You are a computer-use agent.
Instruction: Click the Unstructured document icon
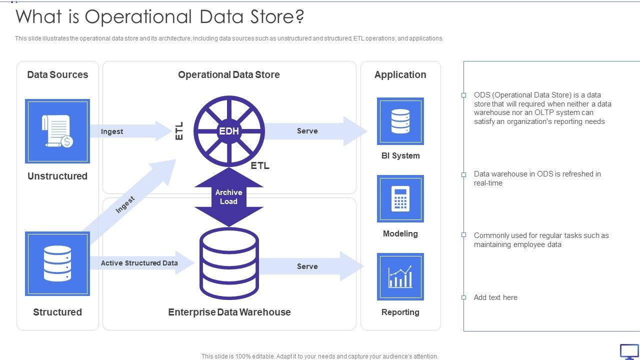click(57, 131)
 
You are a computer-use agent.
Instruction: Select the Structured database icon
click(57, 263)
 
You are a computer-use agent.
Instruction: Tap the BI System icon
click(400, 121)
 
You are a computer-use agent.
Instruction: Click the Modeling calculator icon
click(400, 198)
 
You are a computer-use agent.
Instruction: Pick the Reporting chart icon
click(400, 276)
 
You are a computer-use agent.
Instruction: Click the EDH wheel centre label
click(228, 131)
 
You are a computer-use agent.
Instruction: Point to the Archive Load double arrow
click(228, 197)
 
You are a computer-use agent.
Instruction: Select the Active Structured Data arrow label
click(139, 263)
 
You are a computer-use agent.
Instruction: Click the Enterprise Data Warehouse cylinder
click(229, 263)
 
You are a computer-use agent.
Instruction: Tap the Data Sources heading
click(57, 74)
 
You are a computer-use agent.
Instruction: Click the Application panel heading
click(400, 74)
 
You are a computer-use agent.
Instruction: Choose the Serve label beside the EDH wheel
click(307, 131)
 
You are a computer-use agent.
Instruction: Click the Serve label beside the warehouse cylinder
click(307, 266)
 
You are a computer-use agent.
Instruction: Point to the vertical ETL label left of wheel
click(179, 131)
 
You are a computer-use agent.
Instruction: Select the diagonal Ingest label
click(125, 204)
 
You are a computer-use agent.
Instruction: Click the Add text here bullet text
click(495, 297)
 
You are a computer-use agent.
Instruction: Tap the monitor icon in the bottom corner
click(629, 351)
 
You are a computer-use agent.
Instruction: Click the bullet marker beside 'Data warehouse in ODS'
click(463, 174)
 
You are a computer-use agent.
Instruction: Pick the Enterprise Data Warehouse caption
click(229, 312)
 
